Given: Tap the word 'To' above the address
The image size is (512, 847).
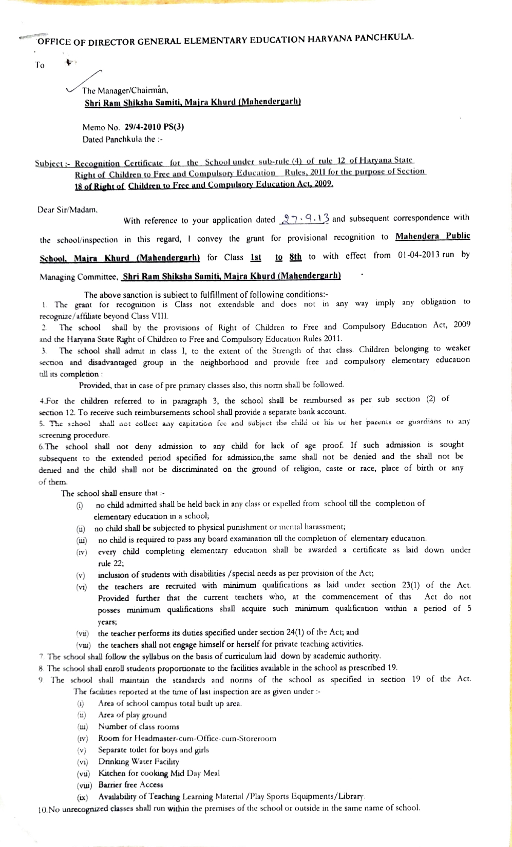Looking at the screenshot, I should coord(40,65).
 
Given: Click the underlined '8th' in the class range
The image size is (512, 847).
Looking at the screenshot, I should coord(295,256).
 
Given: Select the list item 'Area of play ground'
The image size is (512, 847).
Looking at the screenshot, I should coord(132,715).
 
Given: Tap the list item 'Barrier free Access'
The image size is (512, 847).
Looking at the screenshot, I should coord(130,784).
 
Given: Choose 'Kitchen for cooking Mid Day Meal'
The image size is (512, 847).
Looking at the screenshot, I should coord(159,773).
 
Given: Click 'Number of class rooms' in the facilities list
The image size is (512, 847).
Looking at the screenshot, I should coord(139,726).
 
